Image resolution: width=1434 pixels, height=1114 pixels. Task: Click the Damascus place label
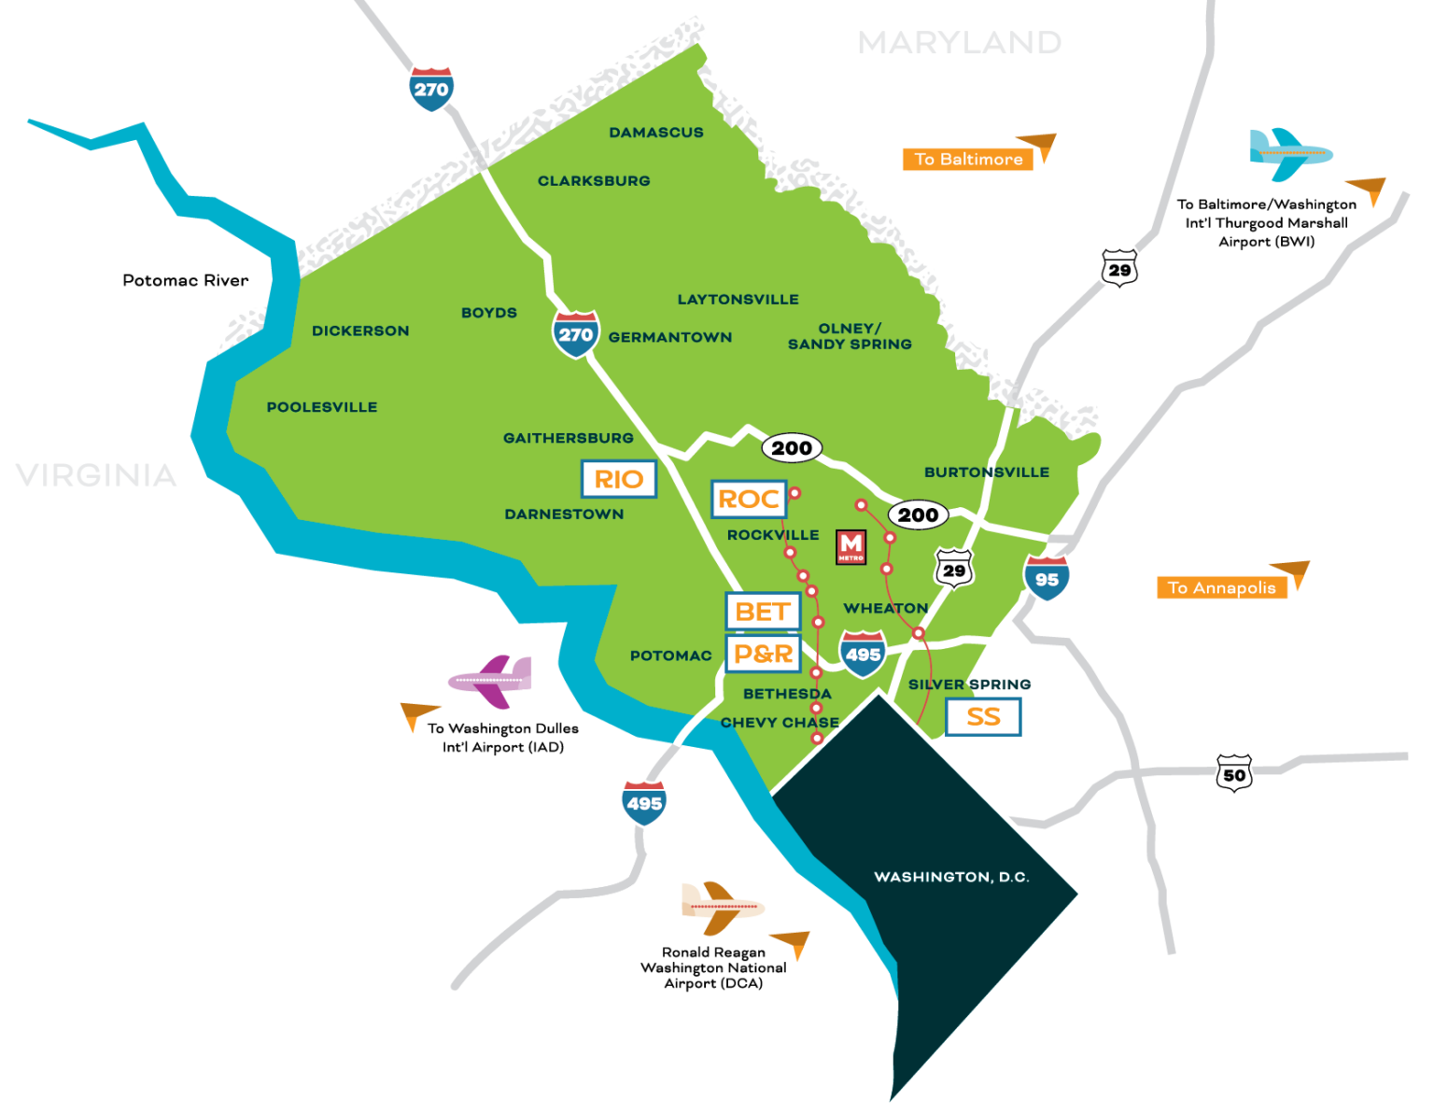click(656, 133)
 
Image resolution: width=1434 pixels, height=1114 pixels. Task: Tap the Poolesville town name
click(322, 407)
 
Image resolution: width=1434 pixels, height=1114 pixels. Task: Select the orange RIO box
click(619, 479)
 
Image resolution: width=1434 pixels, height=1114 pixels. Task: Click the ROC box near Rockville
click(749, 500)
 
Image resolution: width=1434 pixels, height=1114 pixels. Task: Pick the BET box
click(763, 612)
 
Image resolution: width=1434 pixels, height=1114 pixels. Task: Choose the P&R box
click(763, 654)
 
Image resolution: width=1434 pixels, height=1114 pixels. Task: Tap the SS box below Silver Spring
click(983, 717)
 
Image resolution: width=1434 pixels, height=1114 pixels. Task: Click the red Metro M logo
click(851, 546)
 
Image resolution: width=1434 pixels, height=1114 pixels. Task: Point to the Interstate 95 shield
click(1047, 578)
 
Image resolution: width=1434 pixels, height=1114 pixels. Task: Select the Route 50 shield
click(1234, 773)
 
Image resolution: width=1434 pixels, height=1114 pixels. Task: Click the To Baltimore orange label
click(968, 160)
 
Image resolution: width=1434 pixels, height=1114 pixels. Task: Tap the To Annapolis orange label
click(1221, 587)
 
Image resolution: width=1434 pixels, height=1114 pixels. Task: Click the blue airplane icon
click(1288, 155)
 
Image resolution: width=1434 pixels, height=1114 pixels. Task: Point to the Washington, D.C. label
click(951, 877)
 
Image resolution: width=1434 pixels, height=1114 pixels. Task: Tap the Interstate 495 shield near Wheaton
click(863, 654)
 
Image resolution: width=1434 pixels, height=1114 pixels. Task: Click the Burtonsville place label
click(987, 472)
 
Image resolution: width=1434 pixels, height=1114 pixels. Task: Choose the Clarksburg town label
click(594, 181)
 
